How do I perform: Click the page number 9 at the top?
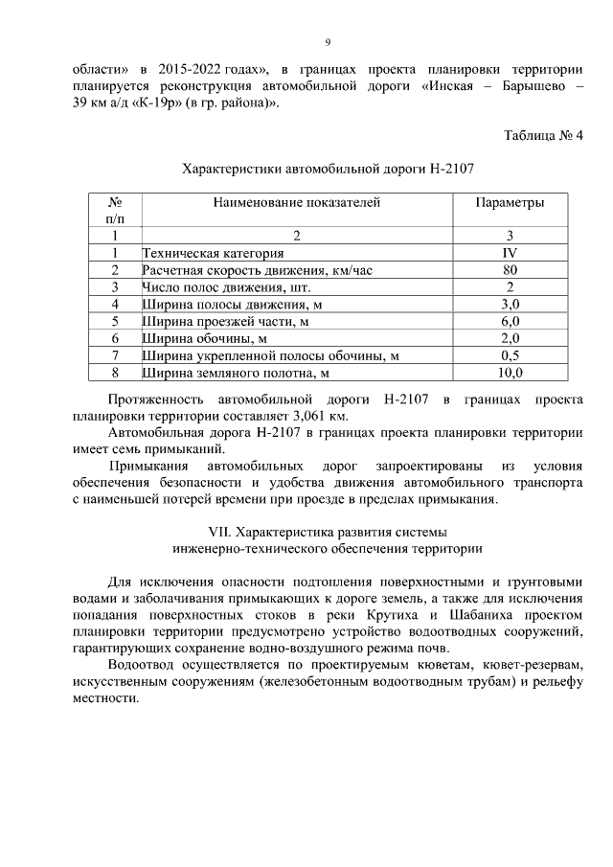328,43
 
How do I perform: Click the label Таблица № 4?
543,134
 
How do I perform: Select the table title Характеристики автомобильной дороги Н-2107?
329,168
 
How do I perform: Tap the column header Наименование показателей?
296,202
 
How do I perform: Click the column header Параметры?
510,202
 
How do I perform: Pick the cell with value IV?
510,253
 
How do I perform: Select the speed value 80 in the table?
510,270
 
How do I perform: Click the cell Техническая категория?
213,254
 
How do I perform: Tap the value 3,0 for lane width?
510,305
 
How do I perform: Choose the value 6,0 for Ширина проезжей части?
510,322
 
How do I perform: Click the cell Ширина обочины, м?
203,339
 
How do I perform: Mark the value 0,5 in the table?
510,355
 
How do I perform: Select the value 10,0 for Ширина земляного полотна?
510,373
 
